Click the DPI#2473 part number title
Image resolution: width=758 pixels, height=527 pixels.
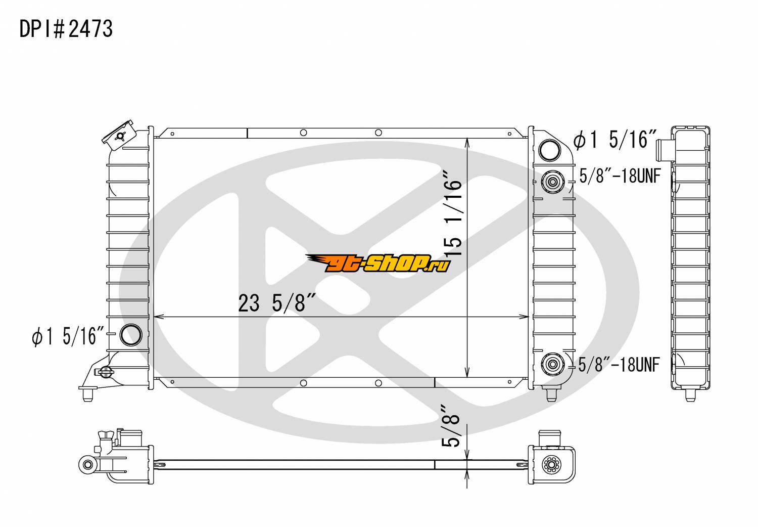point(66,29)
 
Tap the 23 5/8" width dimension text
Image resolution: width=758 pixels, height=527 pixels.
point(277,302)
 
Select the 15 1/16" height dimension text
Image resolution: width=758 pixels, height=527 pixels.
point(453,213)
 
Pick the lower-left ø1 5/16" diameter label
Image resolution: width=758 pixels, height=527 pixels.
point(68,336)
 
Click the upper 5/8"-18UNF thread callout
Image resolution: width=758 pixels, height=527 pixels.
point(620,176)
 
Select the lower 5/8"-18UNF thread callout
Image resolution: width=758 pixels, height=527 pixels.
point(619,365)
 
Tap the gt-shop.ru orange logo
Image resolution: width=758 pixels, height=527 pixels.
point(378,263)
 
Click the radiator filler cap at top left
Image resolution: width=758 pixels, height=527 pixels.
point(119,136)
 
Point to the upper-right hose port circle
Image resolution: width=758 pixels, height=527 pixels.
point(549,150)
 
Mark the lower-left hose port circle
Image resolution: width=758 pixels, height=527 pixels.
point(131,335)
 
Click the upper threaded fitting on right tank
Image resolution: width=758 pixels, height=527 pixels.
point(553,182)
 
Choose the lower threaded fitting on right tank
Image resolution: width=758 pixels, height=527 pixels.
point(553,365)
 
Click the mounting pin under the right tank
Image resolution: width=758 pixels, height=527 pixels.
point(552,394)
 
